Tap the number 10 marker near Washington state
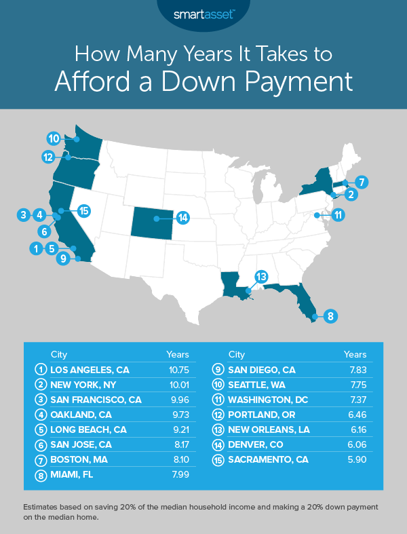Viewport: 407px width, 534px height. coord(55,138)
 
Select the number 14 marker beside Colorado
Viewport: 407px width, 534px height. coord(182,218)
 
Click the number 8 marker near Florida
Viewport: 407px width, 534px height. coord(330,316)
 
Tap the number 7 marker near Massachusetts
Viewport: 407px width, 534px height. coord(362,182)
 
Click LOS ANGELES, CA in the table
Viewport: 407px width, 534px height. coord(90,370)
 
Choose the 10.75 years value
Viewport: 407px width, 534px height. coord(178,370)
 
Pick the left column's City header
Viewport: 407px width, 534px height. coord(59,354)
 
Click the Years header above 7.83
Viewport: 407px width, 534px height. coord(355,354)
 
